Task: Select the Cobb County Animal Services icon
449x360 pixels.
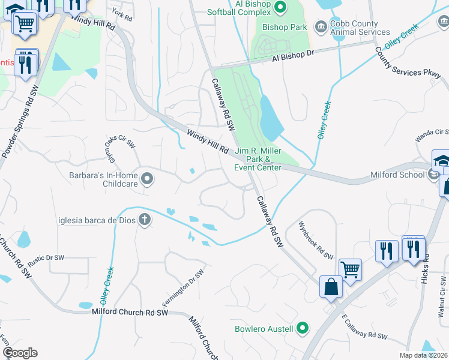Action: tap(321, 26)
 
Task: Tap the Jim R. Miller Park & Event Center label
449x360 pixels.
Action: tap(258, 159)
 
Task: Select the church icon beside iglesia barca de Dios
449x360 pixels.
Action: tap(144, 220)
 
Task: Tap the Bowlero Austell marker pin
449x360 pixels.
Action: tap(303, 328)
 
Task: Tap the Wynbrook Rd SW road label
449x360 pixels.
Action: tap(316, 241)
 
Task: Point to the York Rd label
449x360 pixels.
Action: tap(121, 14)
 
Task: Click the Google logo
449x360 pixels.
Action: tap(20, 353)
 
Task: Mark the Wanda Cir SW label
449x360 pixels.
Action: tap(432, 135)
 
